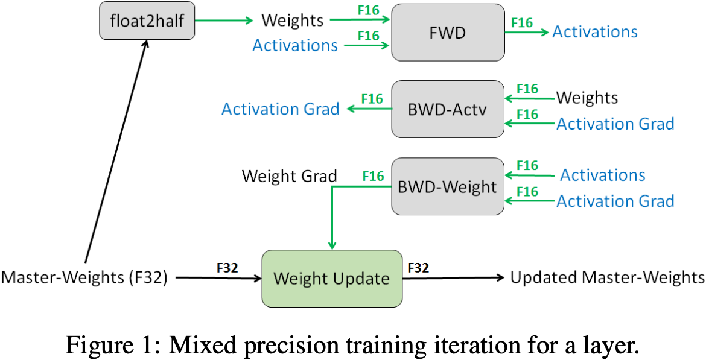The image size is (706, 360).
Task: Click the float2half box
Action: click(x=147, y=22)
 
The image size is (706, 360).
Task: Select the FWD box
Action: click(x=448, y=32)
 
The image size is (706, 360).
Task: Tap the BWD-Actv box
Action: click(x=448, y=109)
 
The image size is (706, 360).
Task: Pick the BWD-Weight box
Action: click(x=448, y=186)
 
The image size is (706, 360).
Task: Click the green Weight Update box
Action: click(x=331, y=278)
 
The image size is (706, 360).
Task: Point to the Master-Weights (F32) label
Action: click(x=84, y=278)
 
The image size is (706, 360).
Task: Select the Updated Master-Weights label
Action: click(x=607, y=277)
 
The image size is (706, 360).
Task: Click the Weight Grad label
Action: click(x=289, y=176)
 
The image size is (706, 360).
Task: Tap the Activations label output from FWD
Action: click(x=595, y=32)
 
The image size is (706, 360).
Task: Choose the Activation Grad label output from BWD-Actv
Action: click(x=281, y=109)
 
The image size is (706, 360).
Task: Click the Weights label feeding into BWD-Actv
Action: click(x=587, y=97)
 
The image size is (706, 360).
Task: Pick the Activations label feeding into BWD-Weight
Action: click(x=603, y=175)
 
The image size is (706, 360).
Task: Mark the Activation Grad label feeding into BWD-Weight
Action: click(x=615, y=201)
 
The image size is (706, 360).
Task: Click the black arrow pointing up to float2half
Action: click(x=115, y=151)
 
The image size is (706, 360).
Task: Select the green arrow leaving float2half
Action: click(x=223, y=21)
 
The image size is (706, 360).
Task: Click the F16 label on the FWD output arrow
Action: click(x=522, y=23)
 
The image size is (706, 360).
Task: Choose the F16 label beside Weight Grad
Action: click(x=372, y=177)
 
